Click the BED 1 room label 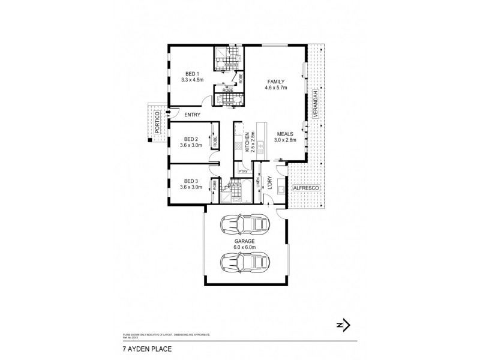click(192, 73)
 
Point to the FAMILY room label click(276, 82)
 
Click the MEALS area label click(284, 134)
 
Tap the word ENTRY click(193, 115)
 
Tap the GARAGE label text click(245, 242)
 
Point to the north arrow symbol click(343, 325)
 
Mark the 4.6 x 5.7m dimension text click(276, 88)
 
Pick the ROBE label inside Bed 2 click(214, 142)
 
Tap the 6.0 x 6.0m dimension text click(245, 247)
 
